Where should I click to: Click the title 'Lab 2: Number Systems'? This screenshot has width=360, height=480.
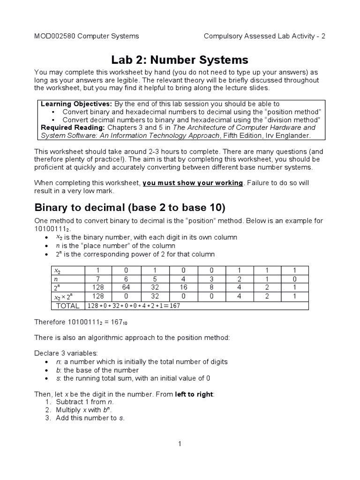pos(180,60)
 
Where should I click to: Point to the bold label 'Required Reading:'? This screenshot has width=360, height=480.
pos(73,127)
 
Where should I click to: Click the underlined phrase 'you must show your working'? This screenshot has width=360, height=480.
pos(193,182)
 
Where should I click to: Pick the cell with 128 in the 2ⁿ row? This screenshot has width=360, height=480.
pos(98,287)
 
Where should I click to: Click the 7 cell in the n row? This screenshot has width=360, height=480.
pos(98,278)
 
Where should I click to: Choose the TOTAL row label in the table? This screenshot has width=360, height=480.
pos(68,306)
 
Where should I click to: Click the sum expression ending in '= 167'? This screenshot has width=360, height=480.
pos(134,306)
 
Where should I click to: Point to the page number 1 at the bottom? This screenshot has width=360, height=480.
pos(180,444)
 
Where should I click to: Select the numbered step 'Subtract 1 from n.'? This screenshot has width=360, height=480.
pos(84,402)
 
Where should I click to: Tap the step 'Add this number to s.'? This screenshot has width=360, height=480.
pos(90,418)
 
